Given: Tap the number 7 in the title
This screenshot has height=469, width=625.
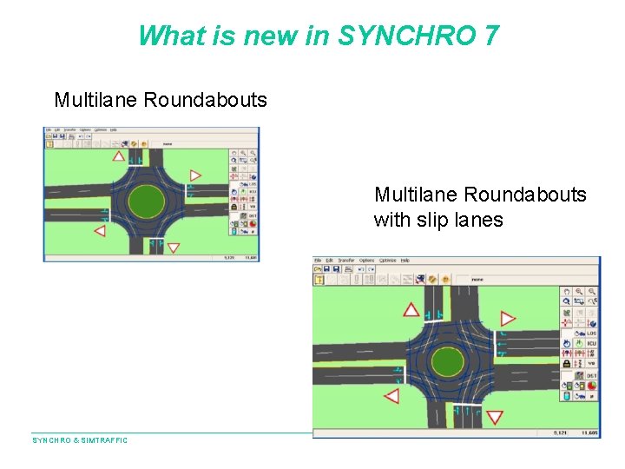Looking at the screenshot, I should tap(491, 36).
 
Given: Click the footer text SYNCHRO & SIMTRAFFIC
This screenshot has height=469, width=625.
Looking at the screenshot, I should tap(80, 440).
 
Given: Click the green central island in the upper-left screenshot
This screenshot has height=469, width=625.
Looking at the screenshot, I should tap(146, 201).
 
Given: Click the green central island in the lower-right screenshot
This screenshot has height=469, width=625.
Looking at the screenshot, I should tap(447, 360).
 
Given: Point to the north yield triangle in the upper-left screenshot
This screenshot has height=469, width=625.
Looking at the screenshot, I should tap(119, 157).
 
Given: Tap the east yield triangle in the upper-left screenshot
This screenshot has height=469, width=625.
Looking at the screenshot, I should tap(195, 176).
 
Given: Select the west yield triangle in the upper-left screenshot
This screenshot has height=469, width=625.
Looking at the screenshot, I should tap(100, 231).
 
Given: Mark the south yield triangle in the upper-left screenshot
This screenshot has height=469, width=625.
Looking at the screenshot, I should tap(173, 248).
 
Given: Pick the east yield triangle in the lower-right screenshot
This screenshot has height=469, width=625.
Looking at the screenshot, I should tap(508, 320).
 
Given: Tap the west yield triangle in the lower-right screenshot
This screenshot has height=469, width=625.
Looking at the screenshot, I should tap(391, 396).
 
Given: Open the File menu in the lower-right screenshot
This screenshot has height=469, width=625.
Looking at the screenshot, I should tap(319, 261).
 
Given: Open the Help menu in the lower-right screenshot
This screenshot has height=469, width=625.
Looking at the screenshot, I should tap(405, 261).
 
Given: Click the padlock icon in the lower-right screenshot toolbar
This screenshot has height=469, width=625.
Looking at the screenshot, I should tap(566, 364).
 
